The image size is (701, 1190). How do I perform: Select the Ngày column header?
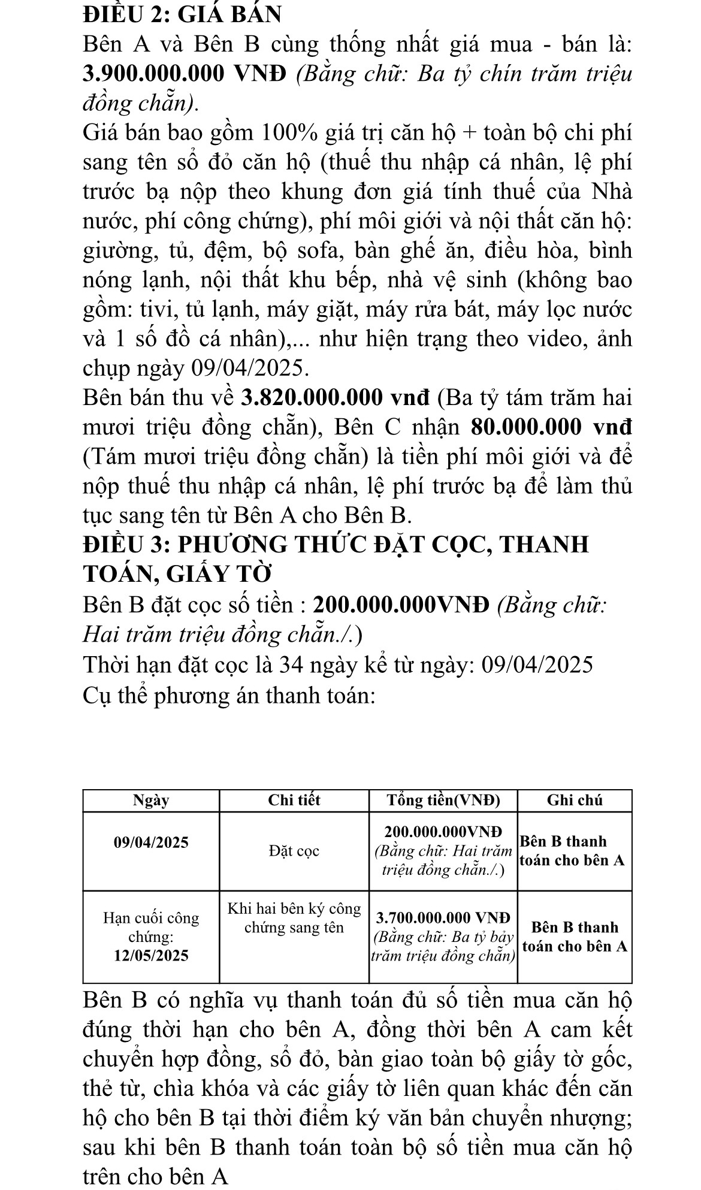tap(151, 801)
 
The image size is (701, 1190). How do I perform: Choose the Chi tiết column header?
tap(294, 801)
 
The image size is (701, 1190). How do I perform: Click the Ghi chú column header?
tap(575, 801)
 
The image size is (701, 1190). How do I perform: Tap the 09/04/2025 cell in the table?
tap(151, 842)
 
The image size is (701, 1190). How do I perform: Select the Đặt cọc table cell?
tap(294, 851)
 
